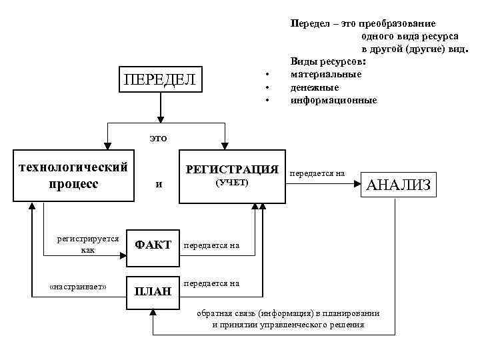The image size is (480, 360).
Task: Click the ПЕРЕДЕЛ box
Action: (x=160, y=81)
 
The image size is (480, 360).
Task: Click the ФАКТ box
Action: (x=153, y=245)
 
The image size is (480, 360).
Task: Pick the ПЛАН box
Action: (x=153, y=291)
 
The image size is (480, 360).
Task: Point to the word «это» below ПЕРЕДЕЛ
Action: (x=158, y=138)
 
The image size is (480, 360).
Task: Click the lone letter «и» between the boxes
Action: (x=158, y=185)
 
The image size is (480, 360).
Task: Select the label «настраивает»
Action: (x=78, y=287)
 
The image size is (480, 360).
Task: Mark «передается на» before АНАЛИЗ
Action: (x=317, y=173)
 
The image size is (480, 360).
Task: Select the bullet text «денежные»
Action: (x=315, y=87)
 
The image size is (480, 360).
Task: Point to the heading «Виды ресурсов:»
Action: (x=328, y=61)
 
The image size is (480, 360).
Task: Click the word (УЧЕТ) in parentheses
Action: (x=231, y=183)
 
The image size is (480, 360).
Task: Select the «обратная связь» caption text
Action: (x=288, y=319)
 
